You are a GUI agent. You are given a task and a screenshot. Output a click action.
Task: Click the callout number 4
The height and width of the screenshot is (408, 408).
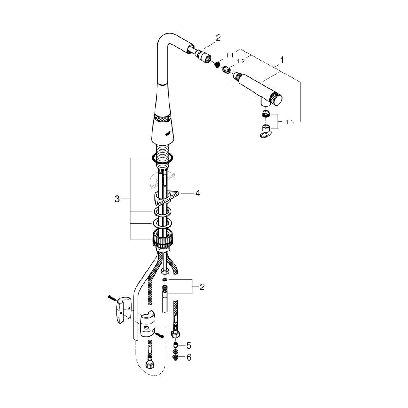[x=198, y=193]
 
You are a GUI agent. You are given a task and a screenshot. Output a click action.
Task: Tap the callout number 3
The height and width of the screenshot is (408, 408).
[x=117, y=199]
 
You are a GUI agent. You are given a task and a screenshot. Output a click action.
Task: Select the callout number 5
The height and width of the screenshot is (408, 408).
[x=189, y=346]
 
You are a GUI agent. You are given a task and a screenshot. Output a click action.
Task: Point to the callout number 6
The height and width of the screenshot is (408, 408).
[x=189, y=357]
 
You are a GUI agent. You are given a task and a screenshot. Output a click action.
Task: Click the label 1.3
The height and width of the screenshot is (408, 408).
[x=290, y=122]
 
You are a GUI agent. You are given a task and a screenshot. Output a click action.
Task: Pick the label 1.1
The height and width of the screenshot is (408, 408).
[x=230, y=55]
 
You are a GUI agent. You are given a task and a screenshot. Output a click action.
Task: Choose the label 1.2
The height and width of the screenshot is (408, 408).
[x=241, y=62]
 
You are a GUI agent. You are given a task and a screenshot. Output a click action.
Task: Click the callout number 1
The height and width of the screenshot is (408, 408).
[x=281, y=60]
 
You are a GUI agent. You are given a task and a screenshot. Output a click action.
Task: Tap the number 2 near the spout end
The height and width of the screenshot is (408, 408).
[x=218, y=38]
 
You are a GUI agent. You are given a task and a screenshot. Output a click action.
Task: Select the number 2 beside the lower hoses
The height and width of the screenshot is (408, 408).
[x=202, y=287]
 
